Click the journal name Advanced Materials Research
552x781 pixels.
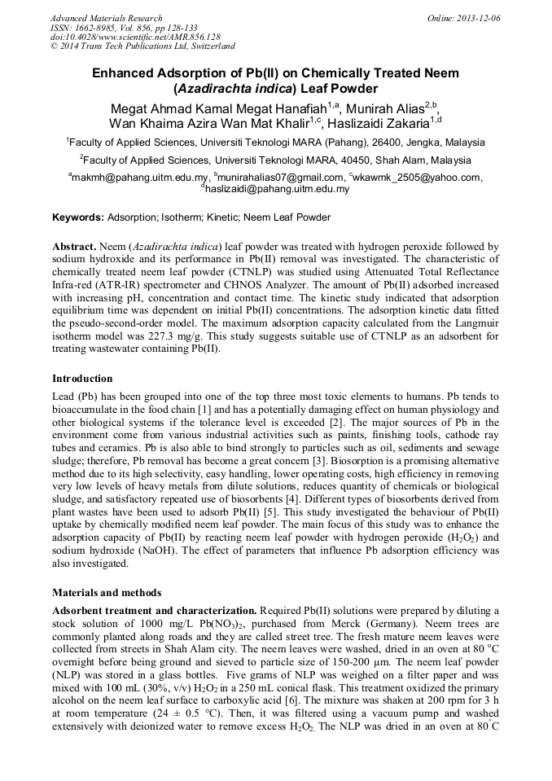coord(106,18)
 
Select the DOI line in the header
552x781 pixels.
coord(135,37)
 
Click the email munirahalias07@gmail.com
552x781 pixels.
coord(281,178)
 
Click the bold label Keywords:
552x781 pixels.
coord(78,217)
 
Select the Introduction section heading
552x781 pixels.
coord(82,379)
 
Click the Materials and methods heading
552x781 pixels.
coord(107,592)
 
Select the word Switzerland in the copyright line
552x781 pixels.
coord(205,46)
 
